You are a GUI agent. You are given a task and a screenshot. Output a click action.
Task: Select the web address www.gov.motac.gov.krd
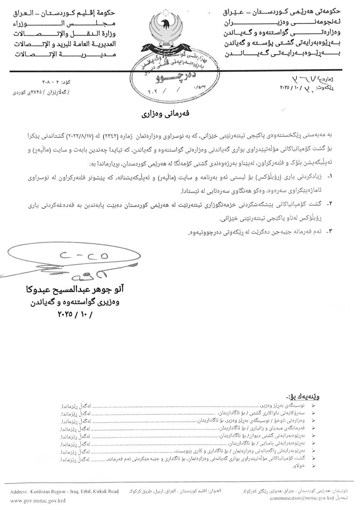tap(38, 501)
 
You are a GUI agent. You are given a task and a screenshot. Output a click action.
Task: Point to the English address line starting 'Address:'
tap(64, 492)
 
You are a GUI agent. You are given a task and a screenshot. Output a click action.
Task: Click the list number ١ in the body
tap(329, 176)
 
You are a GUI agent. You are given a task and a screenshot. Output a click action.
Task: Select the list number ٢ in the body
tap(329, 204)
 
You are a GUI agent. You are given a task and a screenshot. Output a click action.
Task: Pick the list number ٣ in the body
tap(329, 232)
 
